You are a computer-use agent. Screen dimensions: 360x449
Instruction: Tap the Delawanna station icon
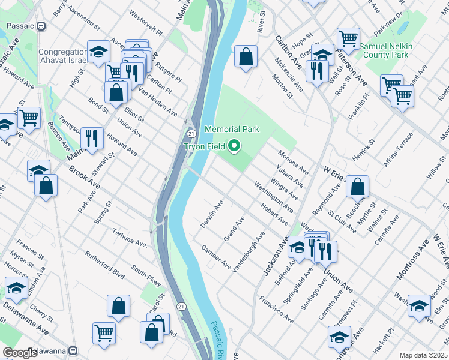tap(73, 351)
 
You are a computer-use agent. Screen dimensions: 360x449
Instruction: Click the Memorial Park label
tap(232, 129)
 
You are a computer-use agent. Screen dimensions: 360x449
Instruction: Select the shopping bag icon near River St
tap(246, 58)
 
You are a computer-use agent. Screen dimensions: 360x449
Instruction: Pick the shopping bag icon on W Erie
tap(357, 187)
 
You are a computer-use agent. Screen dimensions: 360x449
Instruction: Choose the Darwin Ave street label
tap(212, 214)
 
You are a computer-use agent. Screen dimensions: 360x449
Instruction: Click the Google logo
tap(20, 353)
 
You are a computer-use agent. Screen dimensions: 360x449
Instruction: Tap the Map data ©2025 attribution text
tap(424, 355)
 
